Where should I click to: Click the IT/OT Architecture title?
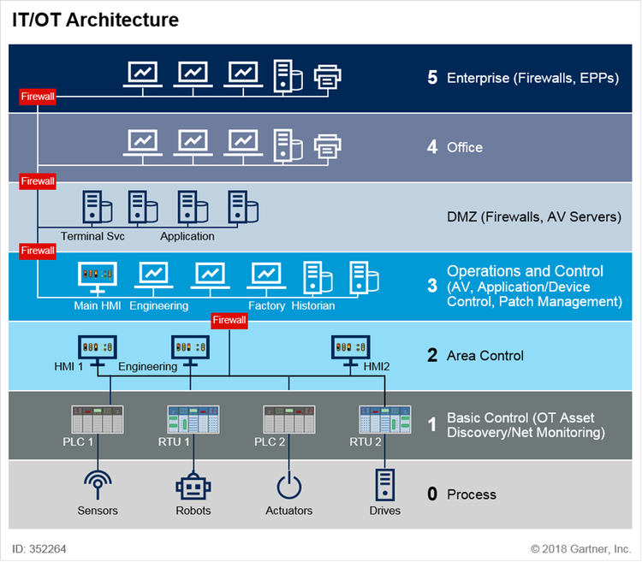pos(95,20)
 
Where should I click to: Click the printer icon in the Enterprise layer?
pos(329,78)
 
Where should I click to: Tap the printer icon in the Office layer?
pos(329,146)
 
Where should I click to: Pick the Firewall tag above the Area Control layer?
pos(229,320)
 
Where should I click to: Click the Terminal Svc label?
pos(92,236)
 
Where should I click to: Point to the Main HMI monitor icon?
pos(97,275)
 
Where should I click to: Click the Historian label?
pos(313,305)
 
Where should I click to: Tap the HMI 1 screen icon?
pos(96,347)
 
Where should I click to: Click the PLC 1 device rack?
pos(98,419)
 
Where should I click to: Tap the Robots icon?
pos(193,487)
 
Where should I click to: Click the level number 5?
pos(432,78)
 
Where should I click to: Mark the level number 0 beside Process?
pos(432,494)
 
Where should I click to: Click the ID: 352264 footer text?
pos(39,548)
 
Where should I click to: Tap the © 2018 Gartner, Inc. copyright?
pos(580,548)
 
